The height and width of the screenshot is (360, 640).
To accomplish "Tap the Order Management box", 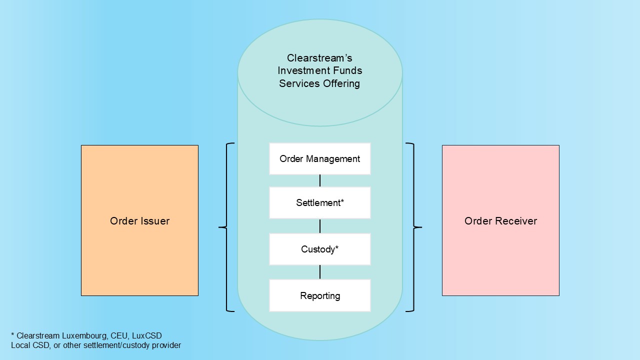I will pos(320,159).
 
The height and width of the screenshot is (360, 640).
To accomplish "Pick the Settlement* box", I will pos(320,203).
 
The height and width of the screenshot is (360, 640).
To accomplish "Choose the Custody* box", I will pos(320,249).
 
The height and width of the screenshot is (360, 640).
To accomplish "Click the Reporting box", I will pos(320,295).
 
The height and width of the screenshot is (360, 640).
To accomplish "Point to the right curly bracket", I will pos(414,227).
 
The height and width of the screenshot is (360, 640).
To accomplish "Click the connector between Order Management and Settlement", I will pos(320,180).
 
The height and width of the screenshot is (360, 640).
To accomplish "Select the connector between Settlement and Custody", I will pos(320,226).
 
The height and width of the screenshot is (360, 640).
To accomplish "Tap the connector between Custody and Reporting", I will pos(320,272).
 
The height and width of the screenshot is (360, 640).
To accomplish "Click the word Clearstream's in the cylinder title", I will pos(319,58).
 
